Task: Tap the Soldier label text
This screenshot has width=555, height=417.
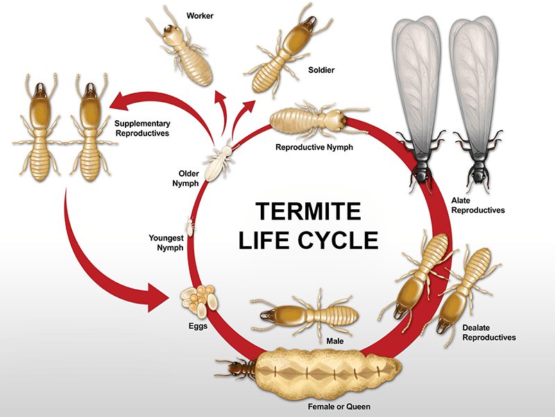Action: coord(321,69)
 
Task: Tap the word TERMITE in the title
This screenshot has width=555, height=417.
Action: coord(308,211)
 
